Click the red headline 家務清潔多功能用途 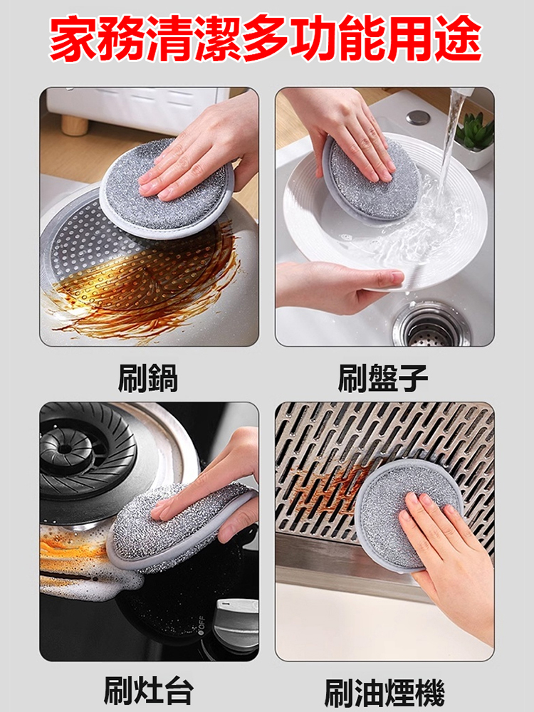tap(266, 38)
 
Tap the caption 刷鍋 tap(147, 377)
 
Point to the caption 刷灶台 tap(148, 689)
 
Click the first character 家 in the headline tap(72, 38)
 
